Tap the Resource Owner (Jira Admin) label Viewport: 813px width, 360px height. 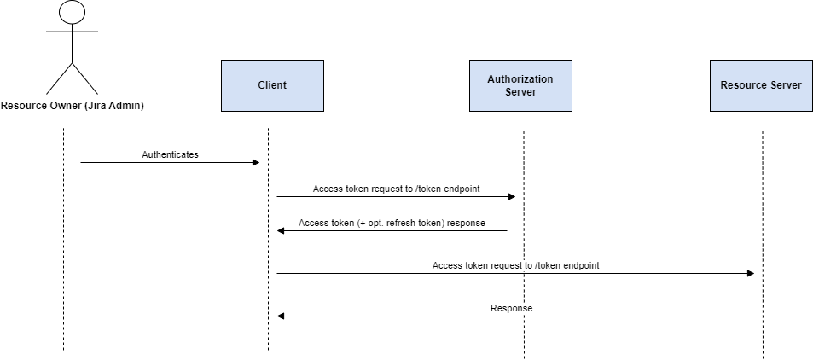(x=73, y=107)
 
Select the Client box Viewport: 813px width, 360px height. (x=272, y=85)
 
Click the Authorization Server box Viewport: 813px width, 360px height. (x=520, y=85)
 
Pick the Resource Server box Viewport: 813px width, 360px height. (x=760, y=85)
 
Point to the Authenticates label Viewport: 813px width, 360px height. (x=170, y=154)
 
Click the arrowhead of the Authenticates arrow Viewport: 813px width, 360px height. (x=255, y=162)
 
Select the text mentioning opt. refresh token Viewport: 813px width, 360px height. (x=392, y=223)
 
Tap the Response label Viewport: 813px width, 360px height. (x=511, y=308)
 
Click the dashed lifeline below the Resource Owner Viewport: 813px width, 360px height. (x=63, y=256)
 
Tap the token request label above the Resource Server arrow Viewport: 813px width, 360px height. (x=515, y=265)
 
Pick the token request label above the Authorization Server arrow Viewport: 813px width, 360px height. (x=396, y=189)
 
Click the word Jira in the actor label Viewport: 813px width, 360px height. (x=94, y=107)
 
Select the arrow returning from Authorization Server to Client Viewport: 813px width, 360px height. (x=392, y=230)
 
